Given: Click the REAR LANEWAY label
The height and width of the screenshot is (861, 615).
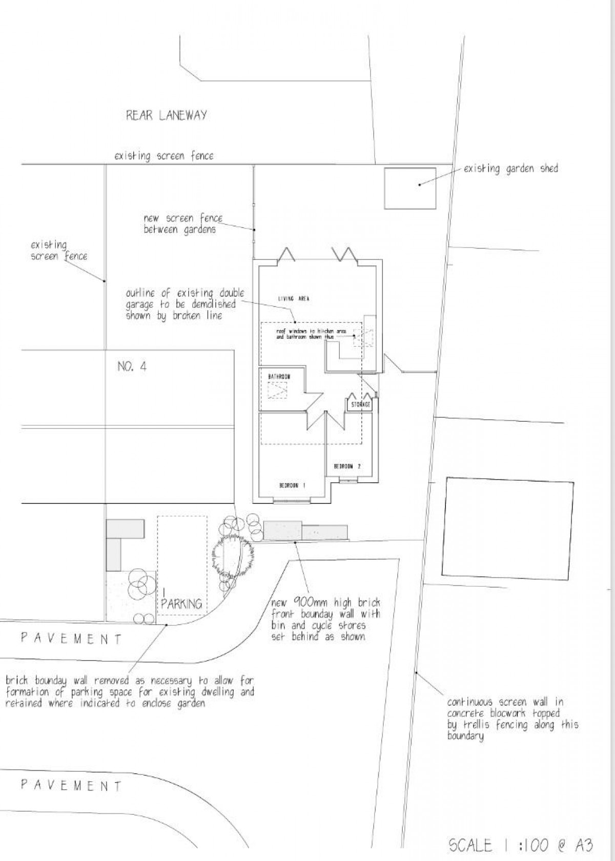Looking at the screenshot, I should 167,115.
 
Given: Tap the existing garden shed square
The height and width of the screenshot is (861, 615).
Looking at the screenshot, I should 410,188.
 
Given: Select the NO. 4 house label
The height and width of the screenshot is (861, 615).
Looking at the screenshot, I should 132,366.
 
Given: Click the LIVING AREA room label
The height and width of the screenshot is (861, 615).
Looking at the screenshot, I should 294,298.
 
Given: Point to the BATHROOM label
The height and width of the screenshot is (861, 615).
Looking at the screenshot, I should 279,377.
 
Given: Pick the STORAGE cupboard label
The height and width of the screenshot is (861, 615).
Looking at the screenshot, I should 361,405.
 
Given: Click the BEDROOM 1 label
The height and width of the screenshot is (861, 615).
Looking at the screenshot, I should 292,485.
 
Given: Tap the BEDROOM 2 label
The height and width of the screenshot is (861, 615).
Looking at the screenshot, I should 347,466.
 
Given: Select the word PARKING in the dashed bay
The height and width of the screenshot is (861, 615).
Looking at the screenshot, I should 181,604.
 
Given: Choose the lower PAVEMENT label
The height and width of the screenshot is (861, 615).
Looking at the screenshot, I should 71,785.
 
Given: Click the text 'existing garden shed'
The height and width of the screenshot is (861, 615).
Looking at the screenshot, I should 510,168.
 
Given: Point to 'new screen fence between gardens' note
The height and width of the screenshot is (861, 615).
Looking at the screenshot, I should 183,224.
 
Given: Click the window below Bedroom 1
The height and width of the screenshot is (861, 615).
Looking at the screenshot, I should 292,501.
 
